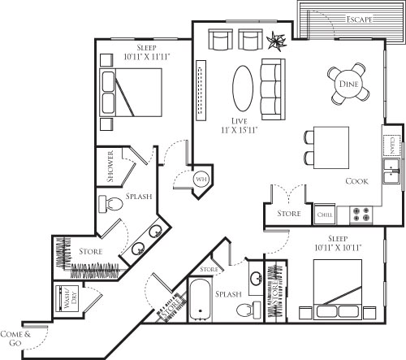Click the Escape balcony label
357,19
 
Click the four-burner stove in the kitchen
361,215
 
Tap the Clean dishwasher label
393,145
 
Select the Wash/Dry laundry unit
65,298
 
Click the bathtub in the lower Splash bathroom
200,299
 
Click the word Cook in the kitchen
358,181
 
